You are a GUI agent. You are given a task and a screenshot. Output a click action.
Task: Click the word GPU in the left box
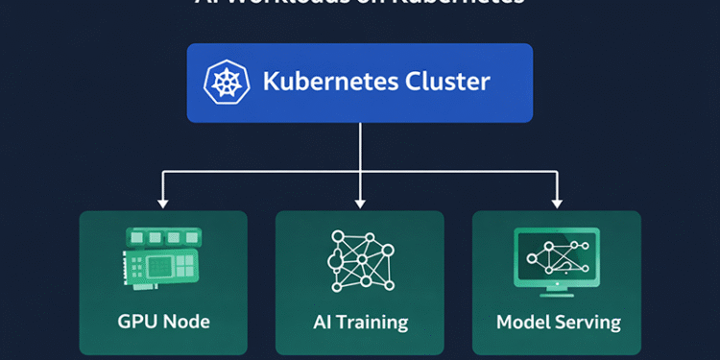(134, 321)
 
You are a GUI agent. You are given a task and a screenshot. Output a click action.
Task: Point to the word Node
(186, 321)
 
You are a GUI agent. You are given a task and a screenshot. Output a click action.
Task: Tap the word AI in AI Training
(321, 321)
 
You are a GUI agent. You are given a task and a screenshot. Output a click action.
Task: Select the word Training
(372, 322)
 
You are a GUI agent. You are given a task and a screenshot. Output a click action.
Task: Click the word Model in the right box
(524, 321)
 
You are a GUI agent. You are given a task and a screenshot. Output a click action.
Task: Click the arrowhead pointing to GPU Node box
(163, 203)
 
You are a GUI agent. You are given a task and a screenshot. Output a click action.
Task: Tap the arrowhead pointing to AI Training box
(360, 203)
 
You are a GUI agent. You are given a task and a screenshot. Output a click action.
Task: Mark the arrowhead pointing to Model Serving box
(557, 203)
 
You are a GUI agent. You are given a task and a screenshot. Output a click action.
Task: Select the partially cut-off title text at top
(360, 3)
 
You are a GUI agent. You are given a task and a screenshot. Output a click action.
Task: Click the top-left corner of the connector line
(163, 172)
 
